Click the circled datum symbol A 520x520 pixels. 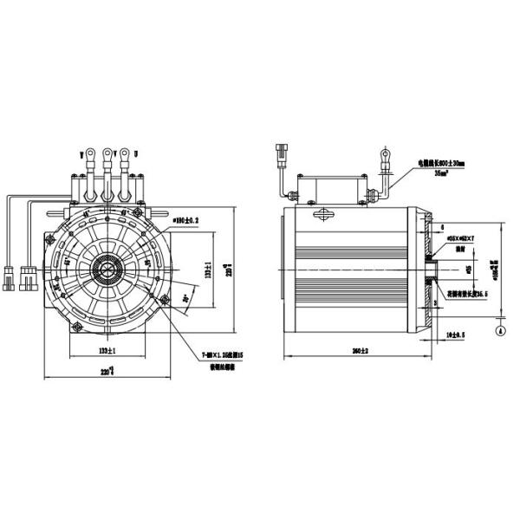[x=500, y=330]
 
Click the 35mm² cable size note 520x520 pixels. [x=439, y=173]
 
